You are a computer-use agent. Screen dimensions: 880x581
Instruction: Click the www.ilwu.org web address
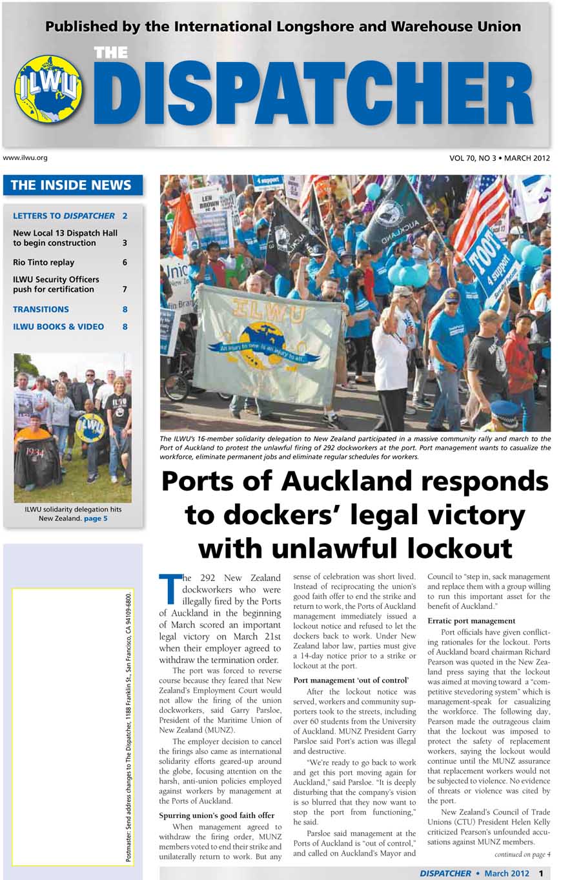point(25,158)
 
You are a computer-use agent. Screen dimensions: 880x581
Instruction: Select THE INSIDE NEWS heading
point(71,185)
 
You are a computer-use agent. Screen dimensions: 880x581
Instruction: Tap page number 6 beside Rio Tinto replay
point(125,262)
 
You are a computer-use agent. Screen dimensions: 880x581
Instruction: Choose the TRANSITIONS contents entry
point(41,309)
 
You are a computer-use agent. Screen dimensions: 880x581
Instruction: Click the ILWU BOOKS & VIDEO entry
point(58,327)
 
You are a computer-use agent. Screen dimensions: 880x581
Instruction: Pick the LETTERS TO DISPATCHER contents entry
point(64,216)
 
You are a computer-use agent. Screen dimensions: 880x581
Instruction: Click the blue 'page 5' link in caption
point(96,518)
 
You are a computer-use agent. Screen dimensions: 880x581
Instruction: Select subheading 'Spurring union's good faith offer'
point(216,815)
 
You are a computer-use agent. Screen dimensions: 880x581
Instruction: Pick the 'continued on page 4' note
point(522,854)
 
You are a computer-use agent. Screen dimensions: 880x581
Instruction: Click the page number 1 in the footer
point(541,873)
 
